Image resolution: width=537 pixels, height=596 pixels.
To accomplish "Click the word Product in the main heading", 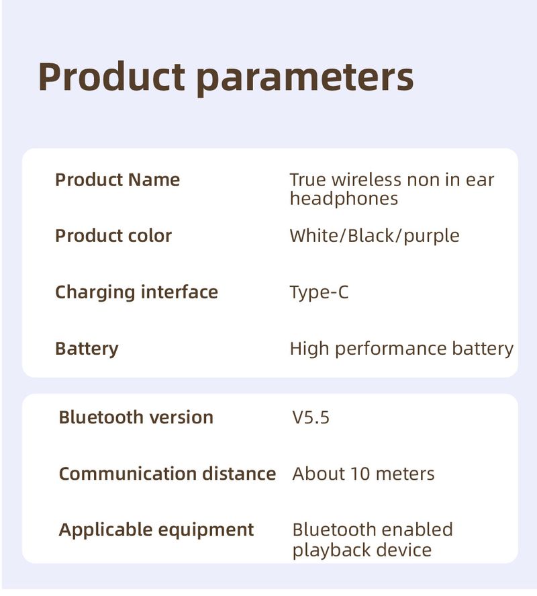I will pyautogui.click(x=111, y=77).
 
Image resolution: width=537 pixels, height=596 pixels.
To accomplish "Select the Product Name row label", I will pyautogui.click(x=117, y=180).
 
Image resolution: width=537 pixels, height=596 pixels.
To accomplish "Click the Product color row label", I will pyautogui.click(x=113, y=236).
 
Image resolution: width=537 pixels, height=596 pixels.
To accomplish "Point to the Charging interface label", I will pyautogui.click(x=136, y=292).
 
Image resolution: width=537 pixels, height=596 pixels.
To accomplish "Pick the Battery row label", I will pyautogui.click(x=87, y=349).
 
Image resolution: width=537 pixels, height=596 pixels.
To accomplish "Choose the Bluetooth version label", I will pyautogui.click(x=136, y=417).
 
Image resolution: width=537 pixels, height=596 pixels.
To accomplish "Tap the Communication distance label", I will pyautogui.click(x=167, y=474).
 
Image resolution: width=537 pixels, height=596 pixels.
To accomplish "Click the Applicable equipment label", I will pyautogui.click(x=156, y=529).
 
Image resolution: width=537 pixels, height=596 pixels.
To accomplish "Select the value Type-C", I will pyautogui.click(x=319, y=292).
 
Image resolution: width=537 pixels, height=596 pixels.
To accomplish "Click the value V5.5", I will pyautogui.click(x=311, y=417).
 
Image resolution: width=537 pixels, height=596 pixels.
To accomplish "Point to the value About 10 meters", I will pyautogui.click(x=363, y=474).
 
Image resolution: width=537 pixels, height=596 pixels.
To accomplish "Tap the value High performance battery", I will pyautogui.click(x=401, y=349).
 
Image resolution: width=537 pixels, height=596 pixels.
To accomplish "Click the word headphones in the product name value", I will pyautogui.click(x=344, y=199).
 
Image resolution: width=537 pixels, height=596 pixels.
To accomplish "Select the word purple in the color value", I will pyautogui.click(x=432, y=237).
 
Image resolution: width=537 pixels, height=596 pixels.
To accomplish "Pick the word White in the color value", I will pyautogui.click(x=316, y=236).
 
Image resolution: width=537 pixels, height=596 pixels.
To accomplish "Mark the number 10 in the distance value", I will pyautogui.click(x=359, y=474).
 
